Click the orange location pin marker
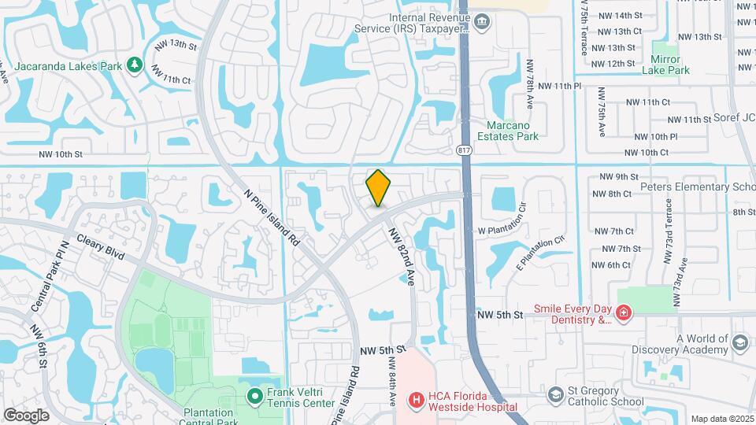pyautogui.click(x=378, y=188)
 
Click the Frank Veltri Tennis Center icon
pyautogui.click(x=255, y=396)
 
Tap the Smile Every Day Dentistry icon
pyautogui.click(x=624, y=314)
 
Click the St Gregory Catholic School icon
pyautogui.click(x=556, y=394)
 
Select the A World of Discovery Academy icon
pyautogui.click(x=739, y=342)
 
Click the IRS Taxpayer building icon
pyautogui.click(x=482, y=22)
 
